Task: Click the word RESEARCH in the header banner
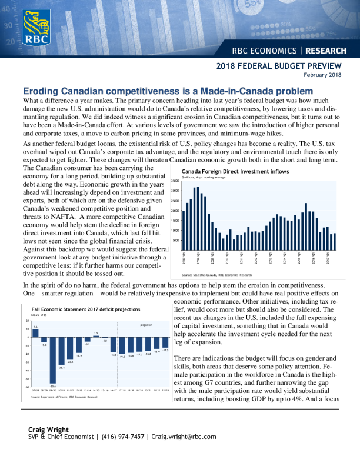tap(326, 51)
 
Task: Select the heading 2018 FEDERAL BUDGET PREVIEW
tap(279, 66)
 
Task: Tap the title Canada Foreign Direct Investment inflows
tap(235, 171)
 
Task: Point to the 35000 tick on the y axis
tap(175, 181)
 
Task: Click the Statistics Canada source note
tap(216, 275)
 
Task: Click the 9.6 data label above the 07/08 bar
tap(35, 327)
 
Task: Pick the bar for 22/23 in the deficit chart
tap(166, 342)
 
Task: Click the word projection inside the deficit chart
tap(146, 325)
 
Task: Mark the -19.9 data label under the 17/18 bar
tap(122, 357)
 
